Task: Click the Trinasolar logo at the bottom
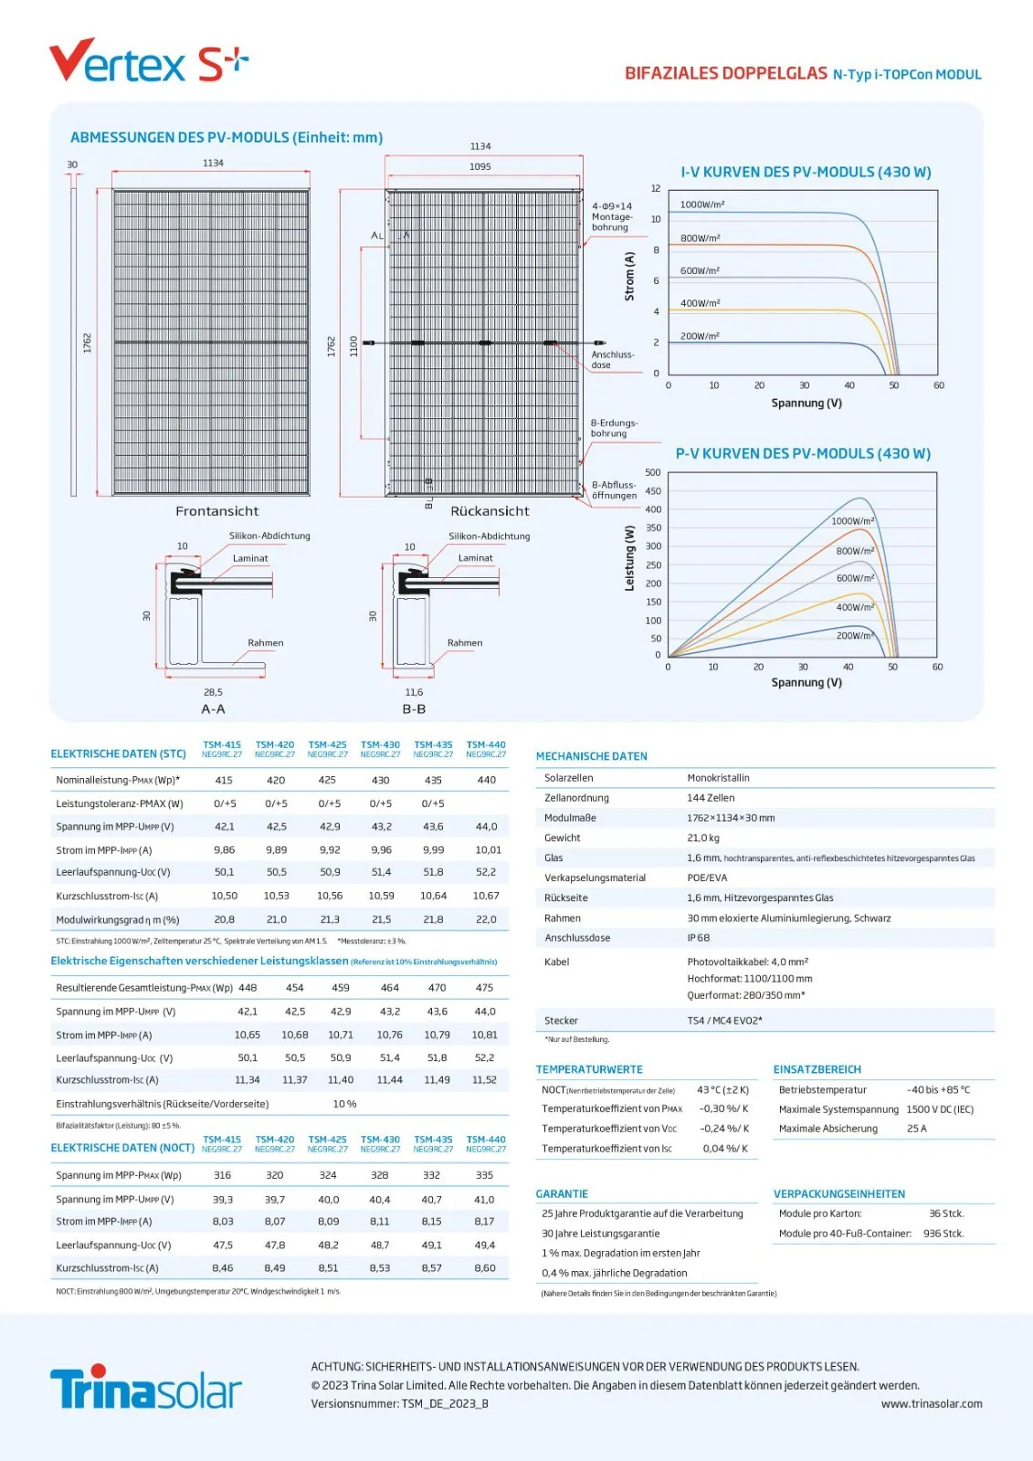pos(146,1390)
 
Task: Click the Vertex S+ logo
pos(148,62)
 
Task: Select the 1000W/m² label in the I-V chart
pos(701,205)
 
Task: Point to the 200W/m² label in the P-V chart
pos(855,636)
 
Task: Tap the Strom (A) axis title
pos(629,277)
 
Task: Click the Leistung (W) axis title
pos(629,558)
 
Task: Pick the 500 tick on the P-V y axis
pos(652,472)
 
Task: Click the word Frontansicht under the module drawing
pos(217,511)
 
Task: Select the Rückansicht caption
pos(490,511)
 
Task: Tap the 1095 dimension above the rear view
pos(480,166)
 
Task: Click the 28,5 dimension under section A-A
pos(213,692)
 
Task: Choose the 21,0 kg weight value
pos(703,837)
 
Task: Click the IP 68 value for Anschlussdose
pos(698,938)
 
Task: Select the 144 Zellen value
pos(711,798)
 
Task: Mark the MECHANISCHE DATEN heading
pos(591,756)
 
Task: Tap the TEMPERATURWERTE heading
pos(589,1069)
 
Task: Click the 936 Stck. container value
pos(943,1234)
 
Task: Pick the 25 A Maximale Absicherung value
pos(916,1129)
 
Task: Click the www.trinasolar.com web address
pos(932,1404)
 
